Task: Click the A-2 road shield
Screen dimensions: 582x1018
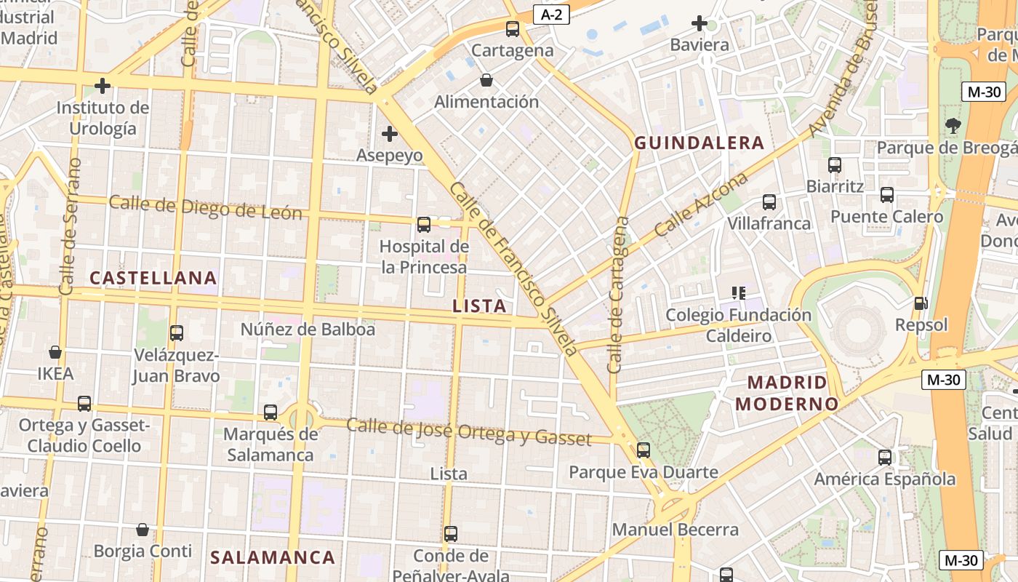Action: pyautogui.click(x=551, y=15)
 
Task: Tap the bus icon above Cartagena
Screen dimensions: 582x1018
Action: pyautogui.click(x=513, y=29)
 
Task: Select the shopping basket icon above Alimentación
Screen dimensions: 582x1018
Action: pyautogui.click(x=486, y=80)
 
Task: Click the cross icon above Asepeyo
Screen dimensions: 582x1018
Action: pyautogui.click(x=390, y=134)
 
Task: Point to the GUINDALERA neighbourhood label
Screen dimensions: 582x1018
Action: pyautogui.click(x=699, y=143)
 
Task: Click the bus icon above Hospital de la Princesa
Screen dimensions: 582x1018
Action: pyautogui.click(x=424, y=225)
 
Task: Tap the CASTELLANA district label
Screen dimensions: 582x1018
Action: pyautogui.click(x=153, y=278)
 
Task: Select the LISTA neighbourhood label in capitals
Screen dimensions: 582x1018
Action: pyautogui.click(x=479, y=306)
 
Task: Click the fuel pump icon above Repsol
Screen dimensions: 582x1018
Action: pyautogui.click(x=921, y=303)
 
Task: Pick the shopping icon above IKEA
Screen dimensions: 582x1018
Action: pyautogui.click(x=55, y=353)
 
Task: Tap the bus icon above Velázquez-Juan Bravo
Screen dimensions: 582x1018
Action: pyautogui.click(x=177, y=333)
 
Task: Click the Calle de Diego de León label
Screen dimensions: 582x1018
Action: pyautogui.click(x=205, y=208)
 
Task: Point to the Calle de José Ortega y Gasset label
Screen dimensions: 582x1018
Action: pyautogui.click(x=468, y=431)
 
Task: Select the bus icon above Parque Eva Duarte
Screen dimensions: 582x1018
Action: pyautogui.click(x=644, y=450)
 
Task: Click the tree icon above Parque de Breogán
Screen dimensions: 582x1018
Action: pyautogui.click(x=953, y=126)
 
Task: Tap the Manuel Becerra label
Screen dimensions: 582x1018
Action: pyautogui.click(x=675, y=530)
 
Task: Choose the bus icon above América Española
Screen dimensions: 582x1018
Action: pyautogui.click(x=885, y=458)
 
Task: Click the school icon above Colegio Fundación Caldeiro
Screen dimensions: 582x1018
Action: pyautogui.click(x=739, y=293)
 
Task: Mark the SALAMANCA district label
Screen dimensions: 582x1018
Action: pyautogui.click(x=273, y=558)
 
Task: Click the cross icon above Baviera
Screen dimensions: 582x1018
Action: pyautogui.click(x=700, y=23)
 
